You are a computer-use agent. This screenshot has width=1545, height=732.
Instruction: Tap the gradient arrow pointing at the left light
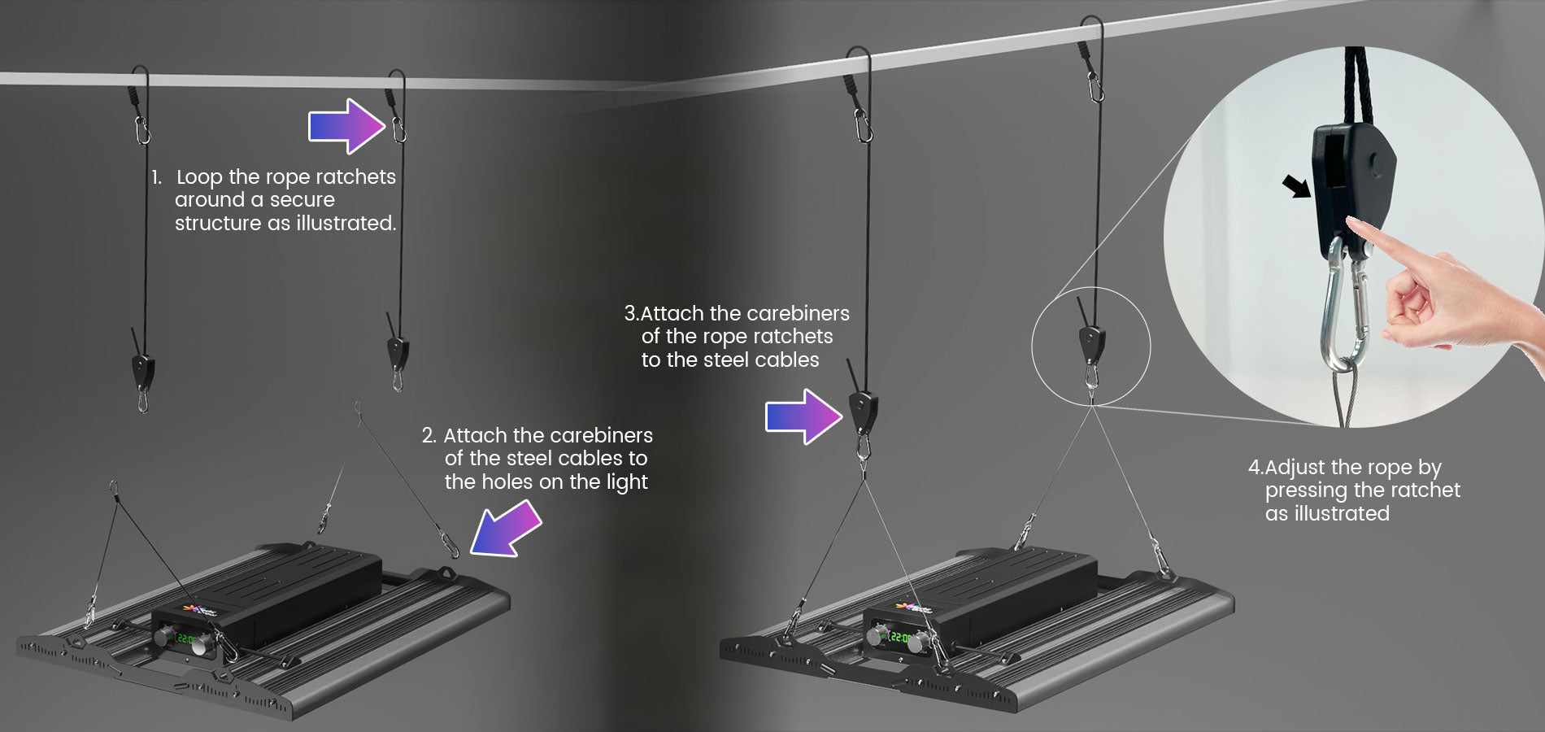506,529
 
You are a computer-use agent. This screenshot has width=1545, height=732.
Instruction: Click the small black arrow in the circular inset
1298,186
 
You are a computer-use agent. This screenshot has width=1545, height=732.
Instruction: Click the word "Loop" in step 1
199,177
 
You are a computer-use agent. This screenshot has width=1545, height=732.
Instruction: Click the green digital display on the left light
187,638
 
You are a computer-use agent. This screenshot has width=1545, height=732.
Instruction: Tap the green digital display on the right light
899,637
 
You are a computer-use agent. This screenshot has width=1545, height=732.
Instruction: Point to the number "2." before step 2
429,435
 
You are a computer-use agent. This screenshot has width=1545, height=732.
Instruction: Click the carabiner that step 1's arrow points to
398,129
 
